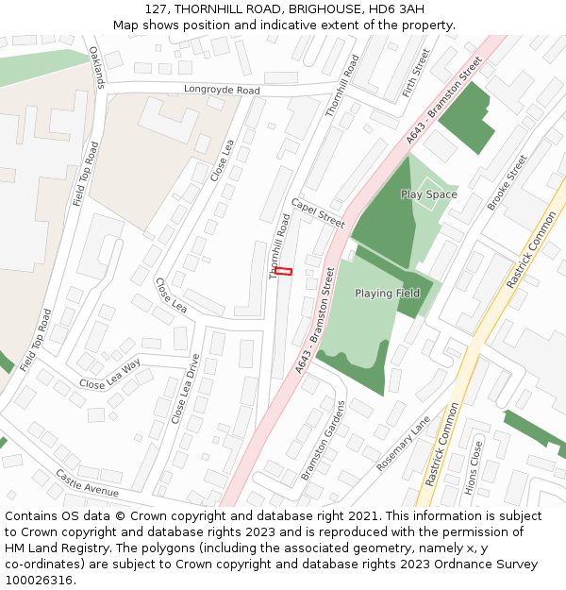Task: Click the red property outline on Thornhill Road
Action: coord(283,272)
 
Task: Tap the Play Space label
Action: coord(428,194)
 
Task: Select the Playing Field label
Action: coord(387,294)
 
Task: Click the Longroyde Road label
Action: coord(222,91)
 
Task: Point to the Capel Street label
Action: coord(318,212)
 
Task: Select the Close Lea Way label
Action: coord(109,373)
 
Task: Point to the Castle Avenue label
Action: coord(87,483)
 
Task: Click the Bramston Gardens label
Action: coord(323,440)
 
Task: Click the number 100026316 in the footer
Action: coord(39,580)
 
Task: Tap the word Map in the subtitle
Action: coord(127,25)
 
